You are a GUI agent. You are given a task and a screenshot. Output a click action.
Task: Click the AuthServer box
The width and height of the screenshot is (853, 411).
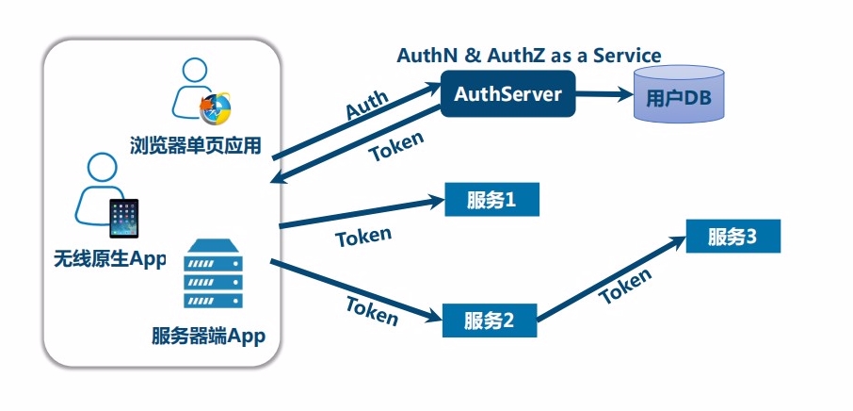[x=507, y=94]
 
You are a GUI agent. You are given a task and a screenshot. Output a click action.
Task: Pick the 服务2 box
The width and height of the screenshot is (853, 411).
[x=490, y=320]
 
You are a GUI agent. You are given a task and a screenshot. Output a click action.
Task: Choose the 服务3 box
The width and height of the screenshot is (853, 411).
[x=732, y=237]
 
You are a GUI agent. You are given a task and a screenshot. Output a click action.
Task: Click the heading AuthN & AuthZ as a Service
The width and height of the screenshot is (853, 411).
[x=528, y=56]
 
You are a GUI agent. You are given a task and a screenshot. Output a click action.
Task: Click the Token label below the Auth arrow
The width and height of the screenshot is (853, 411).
[x=395, y=146]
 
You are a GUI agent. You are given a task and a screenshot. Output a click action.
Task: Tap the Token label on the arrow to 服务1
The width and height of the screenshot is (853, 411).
[x=363, y=236]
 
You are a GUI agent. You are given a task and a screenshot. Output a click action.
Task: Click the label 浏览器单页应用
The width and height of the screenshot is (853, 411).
[x=195, y=145]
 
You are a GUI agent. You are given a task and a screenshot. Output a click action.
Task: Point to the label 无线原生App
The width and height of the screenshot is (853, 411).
[x=110, y=258]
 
